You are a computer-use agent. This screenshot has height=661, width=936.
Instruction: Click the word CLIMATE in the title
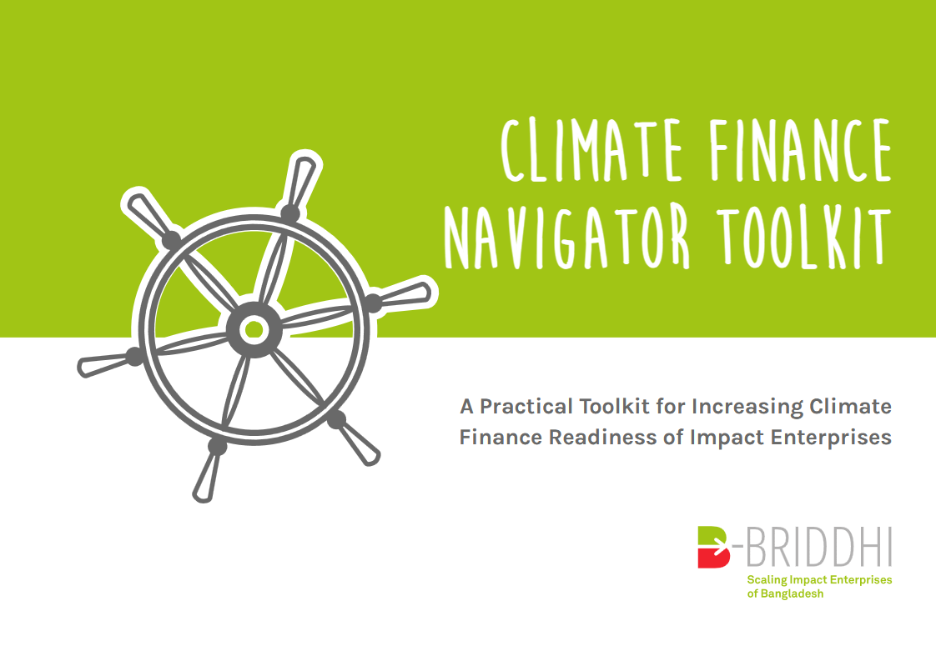pos(591,150)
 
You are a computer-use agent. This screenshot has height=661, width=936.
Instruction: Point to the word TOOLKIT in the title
pos(803,236)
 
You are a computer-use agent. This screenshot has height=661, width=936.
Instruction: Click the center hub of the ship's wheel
pos(254,329)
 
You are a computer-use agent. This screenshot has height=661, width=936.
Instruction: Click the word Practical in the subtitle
pos(526,406)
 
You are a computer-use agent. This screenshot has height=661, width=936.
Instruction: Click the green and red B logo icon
pos(714,547)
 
